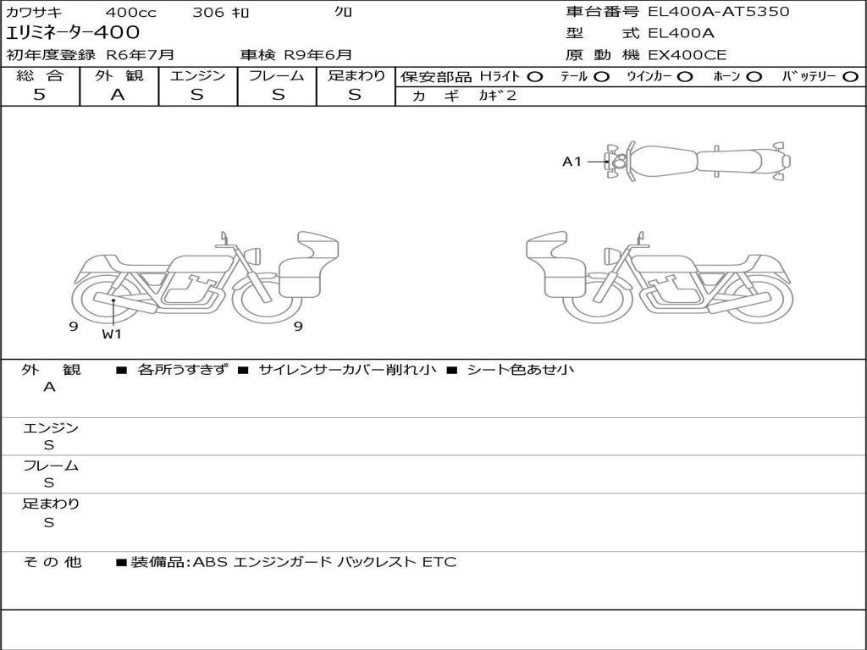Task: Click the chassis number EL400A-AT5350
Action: coord(718,12)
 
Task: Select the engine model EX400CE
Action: coord(687,55)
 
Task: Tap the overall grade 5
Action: coord(39,95)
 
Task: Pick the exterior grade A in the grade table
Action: coord(118,95)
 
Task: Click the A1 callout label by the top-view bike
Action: coord(572,162)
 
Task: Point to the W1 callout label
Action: coord(112,333)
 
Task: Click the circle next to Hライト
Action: coord(534,77)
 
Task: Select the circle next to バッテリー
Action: coord(850,77)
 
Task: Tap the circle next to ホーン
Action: coord(754,77)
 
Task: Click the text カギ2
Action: coord(497,96)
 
